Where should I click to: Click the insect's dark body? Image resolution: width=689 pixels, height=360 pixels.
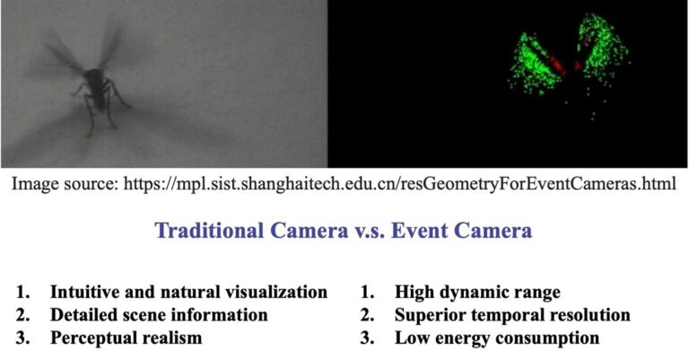pyautogui.click(x=97, y=89)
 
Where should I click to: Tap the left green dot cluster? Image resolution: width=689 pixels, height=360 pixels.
pyautogui.click(x=534, y=65)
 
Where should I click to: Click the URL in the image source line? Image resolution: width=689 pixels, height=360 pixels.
pyautogui.click(x=399, y=183)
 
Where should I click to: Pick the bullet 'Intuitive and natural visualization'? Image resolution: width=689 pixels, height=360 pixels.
pyautogui.click(x=189, y=292)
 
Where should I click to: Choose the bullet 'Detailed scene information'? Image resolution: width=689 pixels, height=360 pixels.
pyautogui.click(x=159, y=315)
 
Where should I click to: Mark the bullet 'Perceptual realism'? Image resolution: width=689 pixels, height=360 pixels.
pyautogui.click(x=126, y=338)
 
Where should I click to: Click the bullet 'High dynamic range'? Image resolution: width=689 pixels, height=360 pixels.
pyautogui.click(x=477, y=292)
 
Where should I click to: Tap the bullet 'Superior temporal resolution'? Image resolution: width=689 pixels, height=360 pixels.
pyautogui.click(x=512, y=315)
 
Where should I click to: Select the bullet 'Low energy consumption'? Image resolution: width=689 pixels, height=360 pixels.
pyautogui.click(x=497, y=338)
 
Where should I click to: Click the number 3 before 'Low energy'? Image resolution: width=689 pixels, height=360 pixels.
pyautogui.click(x=366, y=338)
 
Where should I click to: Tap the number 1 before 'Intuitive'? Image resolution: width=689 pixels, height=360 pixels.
pyautogui.click(x=22, y=292)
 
